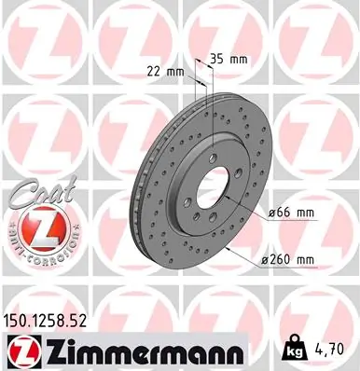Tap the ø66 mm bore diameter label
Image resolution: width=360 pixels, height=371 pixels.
(x=293, y=215)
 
